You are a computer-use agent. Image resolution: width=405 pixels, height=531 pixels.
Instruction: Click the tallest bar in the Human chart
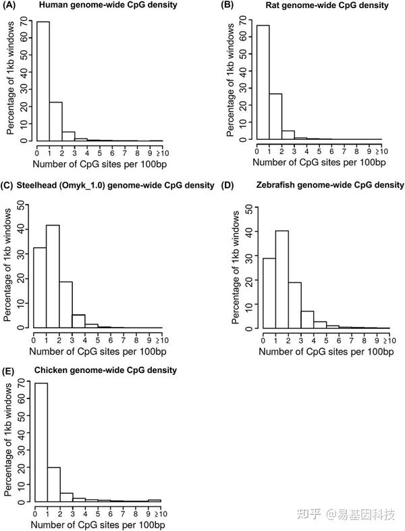[43, 81]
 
